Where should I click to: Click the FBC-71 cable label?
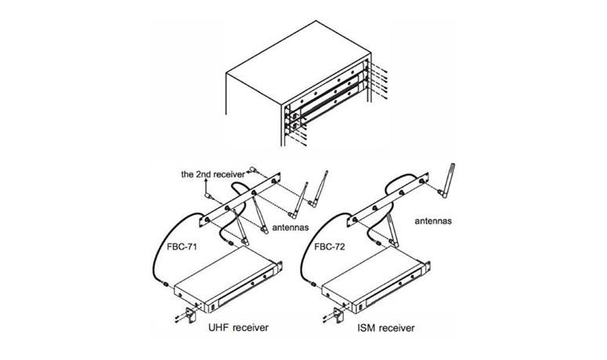(182, 247)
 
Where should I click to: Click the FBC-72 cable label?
(330, 247)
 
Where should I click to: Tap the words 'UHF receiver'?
(238, 327)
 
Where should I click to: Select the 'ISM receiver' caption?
(386, 328)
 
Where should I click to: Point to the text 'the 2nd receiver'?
(213, 175)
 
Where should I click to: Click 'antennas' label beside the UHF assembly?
(291, 228)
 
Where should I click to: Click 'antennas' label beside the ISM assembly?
(433, 221)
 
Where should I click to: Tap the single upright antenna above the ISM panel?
(447, 180)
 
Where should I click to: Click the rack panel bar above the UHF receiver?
(240, 199)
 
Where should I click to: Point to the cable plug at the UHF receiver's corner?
(166, 284)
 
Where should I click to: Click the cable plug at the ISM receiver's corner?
(313, 285)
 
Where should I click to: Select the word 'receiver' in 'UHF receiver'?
(251, 327)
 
